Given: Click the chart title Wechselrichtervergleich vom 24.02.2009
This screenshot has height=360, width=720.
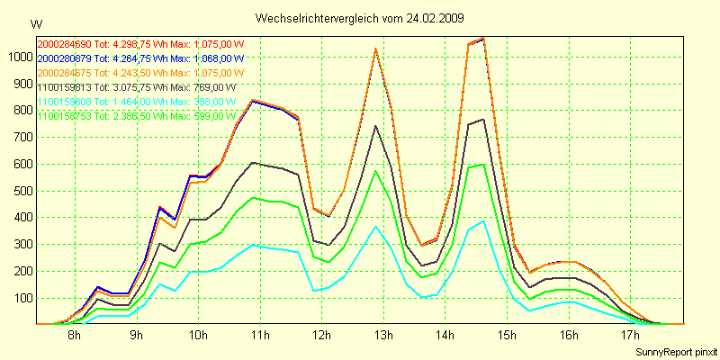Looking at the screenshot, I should click(x=360, y=18).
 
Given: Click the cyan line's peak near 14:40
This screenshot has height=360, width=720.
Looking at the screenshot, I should click(x=483, y=221).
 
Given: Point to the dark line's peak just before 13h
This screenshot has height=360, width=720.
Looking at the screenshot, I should click(x=375, y=126).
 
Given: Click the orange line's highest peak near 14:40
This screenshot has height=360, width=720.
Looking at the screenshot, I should click(x=483, y=39).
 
